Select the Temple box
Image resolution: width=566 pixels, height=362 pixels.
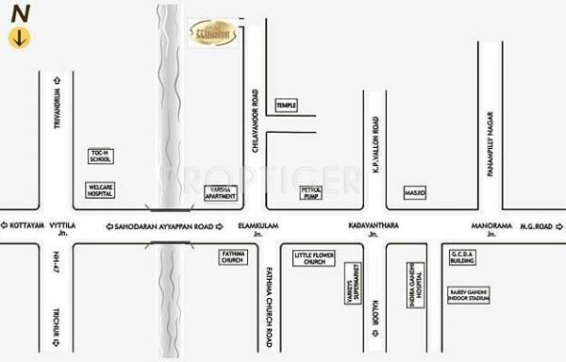[x=286, y=105]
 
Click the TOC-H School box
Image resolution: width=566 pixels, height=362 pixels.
[x=100, y=156]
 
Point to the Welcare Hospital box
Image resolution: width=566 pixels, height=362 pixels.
[x=101, y=190]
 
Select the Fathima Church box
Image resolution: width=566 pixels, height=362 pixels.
[x=233, y=256]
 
